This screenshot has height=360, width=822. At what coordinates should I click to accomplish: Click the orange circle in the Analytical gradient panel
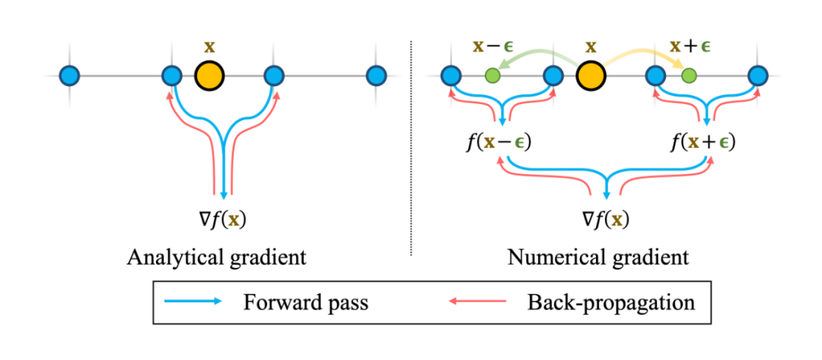(209, 76)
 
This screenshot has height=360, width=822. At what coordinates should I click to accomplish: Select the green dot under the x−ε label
(492, 75)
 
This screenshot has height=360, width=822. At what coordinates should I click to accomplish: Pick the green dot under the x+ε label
(689, 75)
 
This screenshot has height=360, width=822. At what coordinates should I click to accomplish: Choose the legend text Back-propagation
(610, 302)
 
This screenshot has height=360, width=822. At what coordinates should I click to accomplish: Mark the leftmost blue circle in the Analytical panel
(70, 75)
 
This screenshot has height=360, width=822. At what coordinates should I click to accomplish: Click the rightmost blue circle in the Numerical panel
(757, 75)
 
